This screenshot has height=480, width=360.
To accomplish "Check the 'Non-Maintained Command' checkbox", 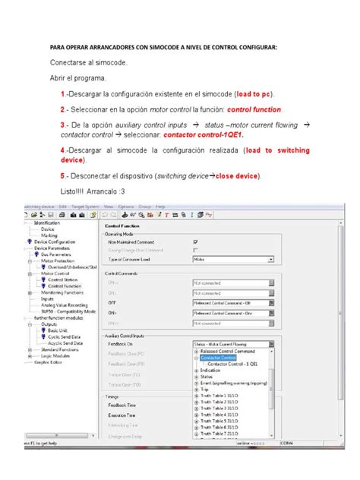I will click(196, 242).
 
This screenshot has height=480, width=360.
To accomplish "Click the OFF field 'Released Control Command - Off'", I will click(232, 301).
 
